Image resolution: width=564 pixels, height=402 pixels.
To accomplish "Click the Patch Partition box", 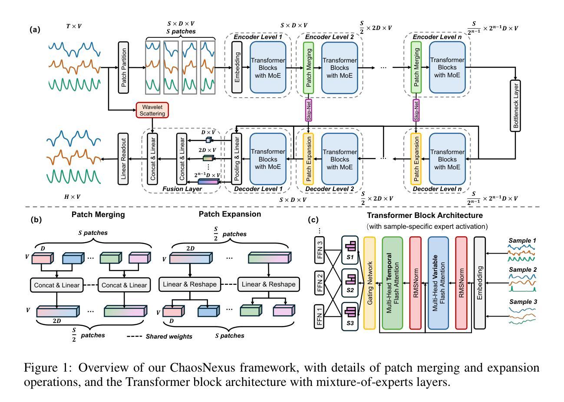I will [124, 68].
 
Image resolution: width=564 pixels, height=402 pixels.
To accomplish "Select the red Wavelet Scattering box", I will [152, 110].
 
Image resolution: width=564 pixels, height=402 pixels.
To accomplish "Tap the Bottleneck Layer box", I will [516, 105].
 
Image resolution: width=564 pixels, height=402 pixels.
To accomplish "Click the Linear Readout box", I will [124, 159].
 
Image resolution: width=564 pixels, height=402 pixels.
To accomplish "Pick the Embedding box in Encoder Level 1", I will [237, 68].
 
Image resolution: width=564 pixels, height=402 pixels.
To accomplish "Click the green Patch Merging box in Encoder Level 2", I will [309, 68].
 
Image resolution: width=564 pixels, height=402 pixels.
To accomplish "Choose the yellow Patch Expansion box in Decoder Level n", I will [416, 159].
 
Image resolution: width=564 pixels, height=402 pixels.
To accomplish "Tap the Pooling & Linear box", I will [237, 159].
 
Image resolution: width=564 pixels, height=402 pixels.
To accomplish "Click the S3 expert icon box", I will [350, 314].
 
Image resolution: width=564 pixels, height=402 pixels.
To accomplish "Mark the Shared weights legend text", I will [169, 336].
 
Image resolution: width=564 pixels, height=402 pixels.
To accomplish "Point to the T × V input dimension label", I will [74, 26].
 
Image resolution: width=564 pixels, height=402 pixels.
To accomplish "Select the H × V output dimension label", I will [73, 197].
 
